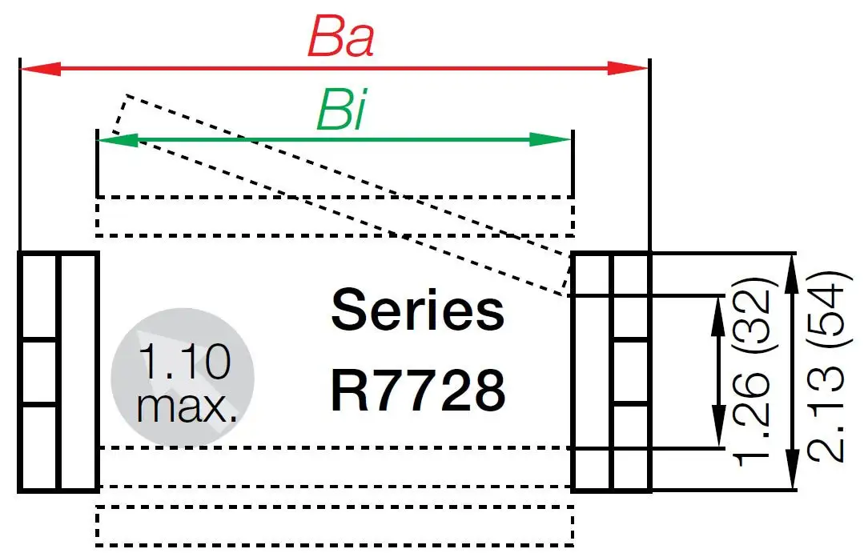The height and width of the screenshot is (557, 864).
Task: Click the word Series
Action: point(417,311)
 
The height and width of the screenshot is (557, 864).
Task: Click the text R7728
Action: point(417,391)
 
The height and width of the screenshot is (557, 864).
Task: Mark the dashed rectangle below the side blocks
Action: point(335,526)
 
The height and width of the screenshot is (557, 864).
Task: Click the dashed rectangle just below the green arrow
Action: point(335,216)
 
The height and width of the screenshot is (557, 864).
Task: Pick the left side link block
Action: point(58,371)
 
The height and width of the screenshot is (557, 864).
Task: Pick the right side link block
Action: point(611,371)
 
